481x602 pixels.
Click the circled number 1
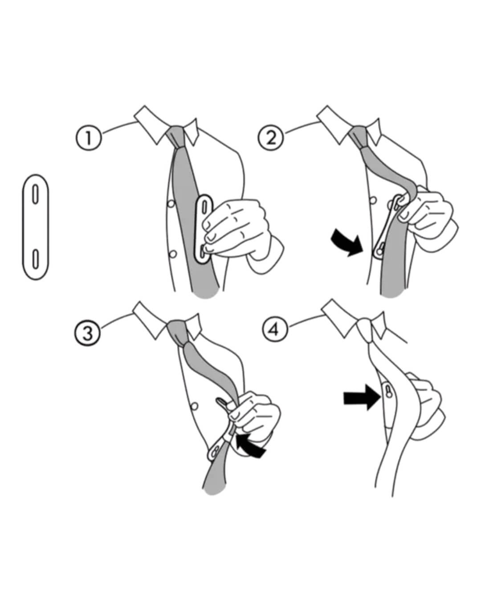pyautogui.click(x=89, y=138)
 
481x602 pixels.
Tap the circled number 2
pyautogui.click(x=271, y=138)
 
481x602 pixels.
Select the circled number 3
pyautogui.click(x=87, y=333)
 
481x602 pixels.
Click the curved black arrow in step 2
pyautogui.click(x=348, y=242)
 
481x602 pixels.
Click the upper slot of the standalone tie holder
pyautogui.click(x=35, y=194)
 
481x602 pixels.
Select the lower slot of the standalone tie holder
pyautogui.click(x=35, y=260)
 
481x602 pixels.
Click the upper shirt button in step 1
pyautogui.click(x=171, y=204)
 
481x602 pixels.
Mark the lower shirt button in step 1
pyautogui.click(x=173, y=254)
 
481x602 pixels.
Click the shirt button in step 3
pyautogui.click(x=195, y=406)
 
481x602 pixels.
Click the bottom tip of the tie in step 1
pyautogui.click(x=206, y=297)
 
